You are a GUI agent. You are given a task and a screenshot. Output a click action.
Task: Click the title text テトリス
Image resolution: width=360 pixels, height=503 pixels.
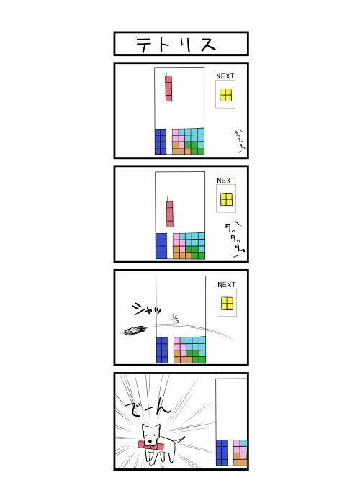(x=176, y=44)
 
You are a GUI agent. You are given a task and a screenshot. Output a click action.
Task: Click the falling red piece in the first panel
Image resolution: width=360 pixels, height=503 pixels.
(x=168, y=87)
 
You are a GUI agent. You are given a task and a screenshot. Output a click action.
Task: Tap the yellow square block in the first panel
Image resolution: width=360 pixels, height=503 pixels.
(x=226, y=95)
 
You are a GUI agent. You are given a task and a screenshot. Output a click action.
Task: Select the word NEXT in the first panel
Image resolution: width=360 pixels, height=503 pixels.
(x=225, y=76)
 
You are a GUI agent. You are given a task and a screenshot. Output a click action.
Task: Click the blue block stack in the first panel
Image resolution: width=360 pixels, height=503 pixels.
(x=161, y=141)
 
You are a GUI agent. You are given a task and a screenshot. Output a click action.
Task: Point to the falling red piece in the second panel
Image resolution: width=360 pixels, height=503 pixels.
(x=170, y=214)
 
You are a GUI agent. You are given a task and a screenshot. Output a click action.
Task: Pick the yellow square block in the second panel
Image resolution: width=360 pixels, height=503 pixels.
(x=226, y=199)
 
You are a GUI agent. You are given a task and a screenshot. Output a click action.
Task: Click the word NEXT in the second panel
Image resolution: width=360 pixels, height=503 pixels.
(x=226, y=181)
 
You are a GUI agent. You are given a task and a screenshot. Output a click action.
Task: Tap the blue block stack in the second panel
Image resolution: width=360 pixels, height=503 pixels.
(x=161, y=245)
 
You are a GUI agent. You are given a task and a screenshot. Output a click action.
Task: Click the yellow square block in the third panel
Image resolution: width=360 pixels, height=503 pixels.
(x=228, y=303)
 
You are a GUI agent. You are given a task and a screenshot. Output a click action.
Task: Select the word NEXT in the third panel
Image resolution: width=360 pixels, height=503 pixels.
(x=227, y=285)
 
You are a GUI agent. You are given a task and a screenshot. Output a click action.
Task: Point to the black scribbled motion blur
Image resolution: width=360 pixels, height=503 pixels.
(x=135, y=330)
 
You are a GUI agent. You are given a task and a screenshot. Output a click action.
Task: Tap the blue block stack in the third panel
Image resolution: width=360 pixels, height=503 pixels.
(x=162, y=350)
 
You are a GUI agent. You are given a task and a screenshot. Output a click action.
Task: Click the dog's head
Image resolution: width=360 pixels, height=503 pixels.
(x=151, y=434)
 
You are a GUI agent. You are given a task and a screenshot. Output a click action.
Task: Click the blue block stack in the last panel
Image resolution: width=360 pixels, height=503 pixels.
(x=222, y=453)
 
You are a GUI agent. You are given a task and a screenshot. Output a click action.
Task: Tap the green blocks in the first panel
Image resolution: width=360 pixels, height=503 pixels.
(x=194, y=148)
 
